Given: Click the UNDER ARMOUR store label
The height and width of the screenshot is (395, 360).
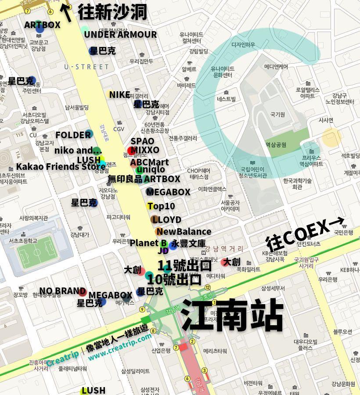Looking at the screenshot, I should click(120, 35).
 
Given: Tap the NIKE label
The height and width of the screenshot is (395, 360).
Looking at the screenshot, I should click(119, 95).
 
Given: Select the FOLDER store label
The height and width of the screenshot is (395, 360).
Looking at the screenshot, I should click(73, 135).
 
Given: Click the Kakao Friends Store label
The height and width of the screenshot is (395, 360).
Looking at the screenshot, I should click(61, 167).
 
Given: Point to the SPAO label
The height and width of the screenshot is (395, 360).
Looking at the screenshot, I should click(142, 141).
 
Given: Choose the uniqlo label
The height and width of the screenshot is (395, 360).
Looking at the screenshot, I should click(151, 170).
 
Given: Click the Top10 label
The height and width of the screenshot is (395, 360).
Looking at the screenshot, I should click(161, 206).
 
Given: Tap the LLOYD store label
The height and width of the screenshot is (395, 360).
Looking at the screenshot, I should click(167, 219).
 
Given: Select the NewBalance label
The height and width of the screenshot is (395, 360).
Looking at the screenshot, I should click(184, 232).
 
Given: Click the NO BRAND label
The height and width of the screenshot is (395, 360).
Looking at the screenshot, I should click(62, 291).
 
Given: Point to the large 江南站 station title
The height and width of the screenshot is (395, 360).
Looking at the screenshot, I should click(232, 315).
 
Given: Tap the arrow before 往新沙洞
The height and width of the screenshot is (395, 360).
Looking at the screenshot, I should click(67, 11).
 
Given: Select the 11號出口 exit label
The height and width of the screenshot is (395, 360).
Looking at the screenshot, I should click(184, 266).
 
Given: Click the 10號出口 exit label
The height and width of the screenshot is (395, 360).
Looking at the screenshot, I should click(174, 279).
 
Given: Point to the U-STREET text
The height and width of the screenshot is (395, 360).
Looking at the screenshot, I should click(86, 67).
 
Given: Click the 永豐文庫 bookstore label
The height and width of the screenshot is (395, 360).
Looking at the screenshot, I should click(188, 243).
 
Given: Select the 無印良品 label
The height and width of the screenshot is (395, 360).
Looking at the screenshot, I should click(125, 179).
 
